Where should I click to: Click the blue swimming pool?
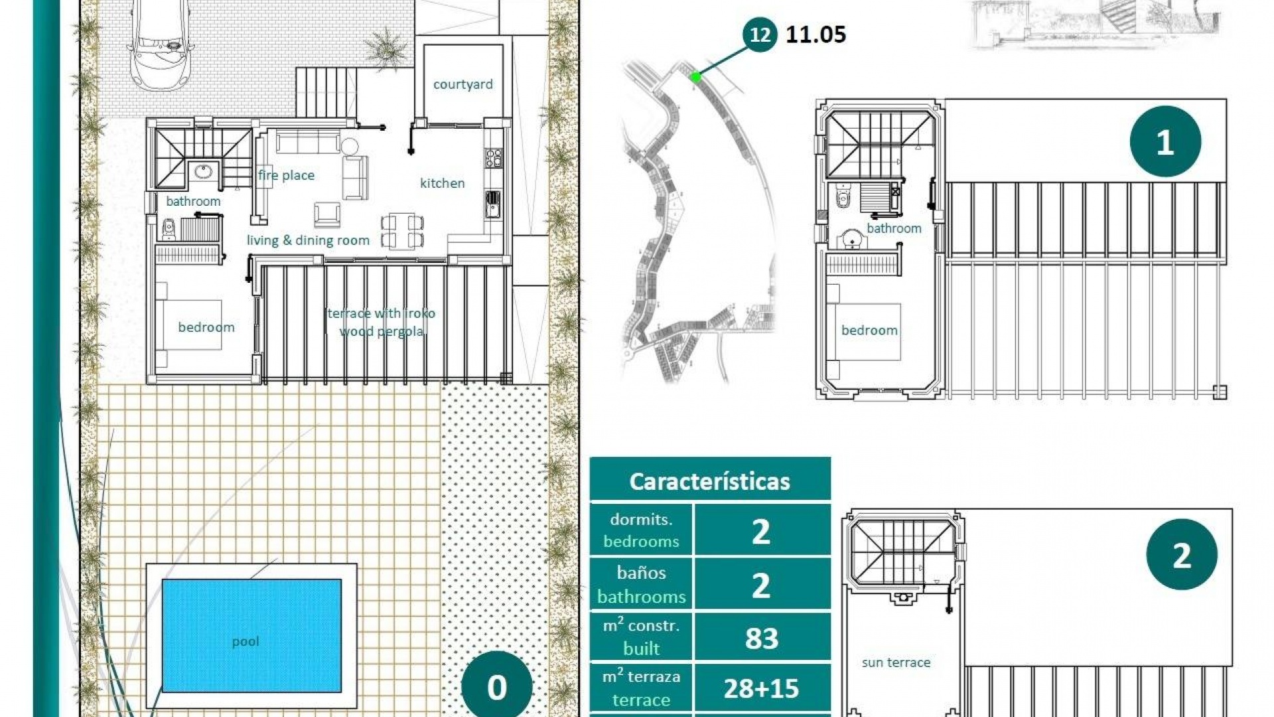point(251,635)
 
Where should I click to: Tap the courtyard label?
point(462,84)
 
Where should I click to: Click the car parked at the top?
point(161,43)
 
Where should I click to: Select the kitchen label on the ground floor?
point(442,183)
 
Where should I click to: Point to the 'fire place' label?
point(286,175)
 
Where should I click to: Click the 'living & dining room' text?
point(308,240)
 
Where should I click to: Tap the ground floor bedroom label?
point(206,327)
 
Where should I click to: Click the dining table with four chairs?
point(402,231)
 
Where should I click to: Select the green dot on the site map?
point(695,77)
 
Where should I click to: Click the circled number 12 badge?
point(760,35)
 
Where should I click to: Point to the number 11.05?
point(815,35)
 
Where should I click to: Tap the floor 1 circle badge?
point(1165,141)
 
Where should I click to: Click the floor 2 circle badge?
point(1181,554)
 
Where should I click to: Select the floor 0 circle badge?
point(496,687)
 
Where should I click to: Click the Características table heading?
point(709,481)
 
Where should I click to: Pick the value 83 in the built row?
point(761,638)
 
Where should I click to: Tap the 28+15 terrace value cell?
point(761,688)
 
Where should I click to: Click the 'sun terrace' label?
point(896,663)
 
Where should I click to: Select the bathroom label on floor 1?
point(894,228)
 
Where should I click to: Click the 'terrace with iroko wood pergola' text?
point(382,322)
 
